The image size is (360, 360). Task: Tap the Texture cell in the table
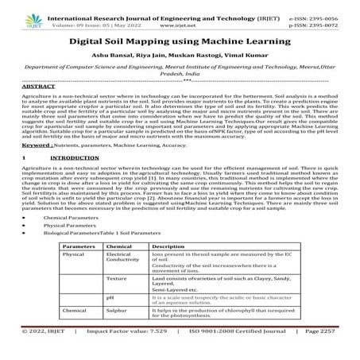point(116,281)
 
